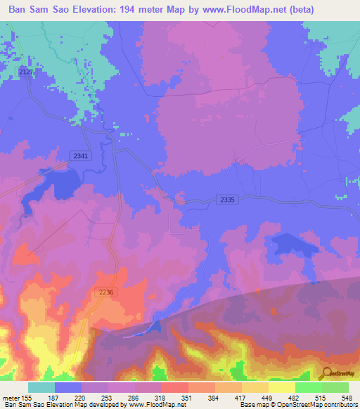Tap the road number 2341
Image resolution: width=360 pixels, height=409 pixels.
[x=79, y=157]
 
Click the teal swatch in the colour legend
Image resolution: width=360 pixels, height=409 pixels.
[x=41, y=387]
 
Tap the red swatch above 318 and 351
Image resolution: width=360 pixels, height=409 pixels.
[x=174, y=387]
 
